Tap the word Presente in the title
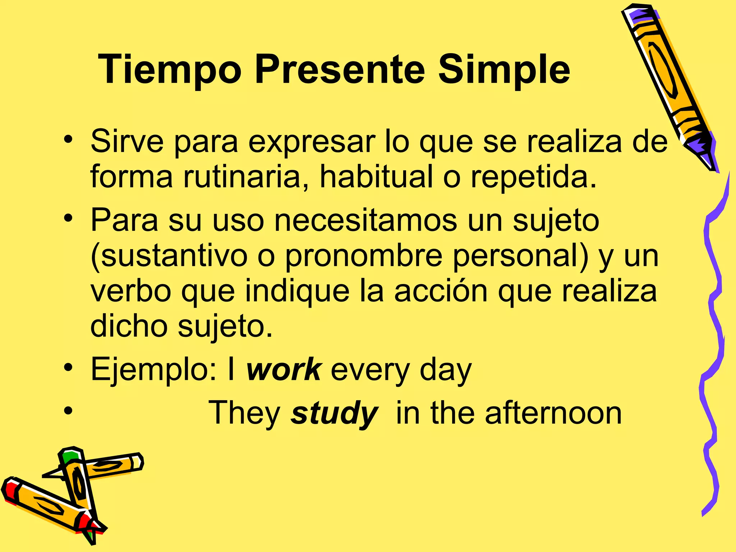(340, 69)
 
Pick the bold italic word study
(334, 413)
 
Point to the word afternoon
(553, 413)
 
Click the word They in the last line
(244, 413)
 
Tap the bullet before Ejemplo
(68, 368)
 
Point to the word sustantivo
(169, 256)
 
